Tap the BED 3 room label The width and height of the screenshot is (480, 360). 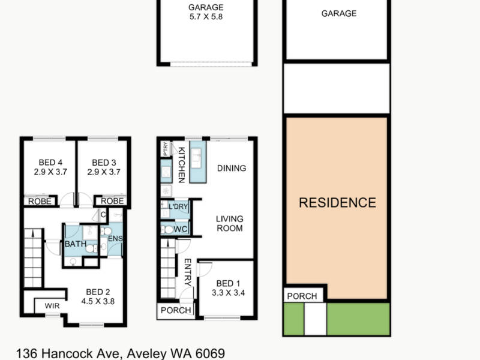(x=104, y=163)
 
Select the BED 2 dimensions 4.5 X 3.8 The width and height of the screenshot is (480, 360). (x=98, y=302)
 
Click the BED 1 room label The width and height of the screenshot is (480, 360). (x=228, y=283)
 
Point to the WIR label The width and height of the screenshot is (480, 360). (x=52, y=306)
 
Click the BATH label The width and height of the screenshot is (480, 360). (x=75, y=244)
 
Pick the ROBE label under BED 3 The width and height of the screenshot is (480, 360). (x=112, y=201)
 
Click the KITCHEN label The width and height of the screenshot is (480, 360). (x=181, y=166)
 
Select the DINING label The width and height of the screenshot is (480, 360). (x=231, y=168)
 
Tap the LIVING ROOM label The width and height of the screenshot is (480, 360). (x=229, y=223)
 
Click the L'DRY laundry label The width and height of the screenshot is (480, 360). (x=179, y=206)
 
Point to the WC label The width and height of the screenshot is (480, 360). (x=180, y=229)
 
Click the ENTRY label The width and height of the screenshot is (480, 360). (x=187, y=272)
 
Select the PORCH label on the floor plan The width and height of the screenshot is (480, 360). (x=176, y=310)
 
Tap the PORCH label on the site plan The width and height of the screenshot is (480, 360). (x=302, y=296)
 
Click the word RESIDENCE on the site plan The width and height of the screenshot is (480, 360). (x=337, y=203)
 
